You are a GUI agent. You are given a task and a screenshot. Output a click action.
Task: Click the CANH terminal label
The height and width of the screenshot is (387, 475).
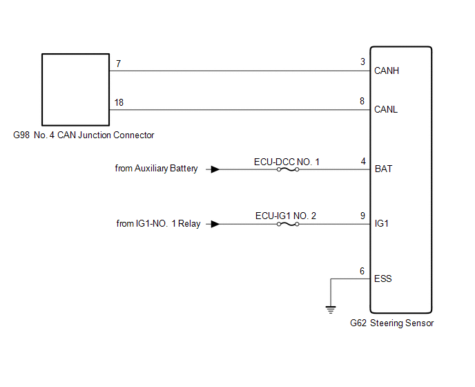click(x=386, y=70)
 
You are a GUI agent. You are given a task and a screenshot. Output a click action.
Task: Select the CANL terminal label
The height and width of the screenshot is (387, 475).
click(x=385, y=109)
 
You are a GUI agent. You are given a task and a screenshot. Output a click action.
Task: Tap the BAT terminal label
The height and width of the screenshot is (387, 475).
click(x=382, y=169)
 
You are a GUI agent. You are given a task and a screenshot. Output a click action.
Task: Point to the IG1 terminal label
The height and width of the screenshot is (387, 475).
click(x=381, y=224)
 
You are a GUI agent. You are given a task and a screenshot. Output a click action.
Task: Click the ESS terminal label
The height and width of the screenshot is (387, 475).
click(x=382, y=279)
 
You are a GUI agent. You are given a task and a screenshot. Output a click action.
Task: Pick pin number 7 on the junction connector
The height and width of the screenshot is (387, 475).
click(x=119, y=64)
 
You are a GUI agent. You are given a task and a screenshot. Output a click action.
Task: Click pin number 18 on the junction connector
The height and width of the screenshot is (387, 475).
click(x=119, y=102)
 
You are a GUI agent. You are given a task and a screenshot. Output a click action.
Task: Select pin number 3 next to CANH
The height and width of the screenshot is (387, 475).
click(x=362, y=62)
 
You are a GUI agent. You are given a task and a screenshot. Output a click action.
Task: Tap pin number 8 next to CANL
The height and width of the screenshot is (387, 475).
click(x=362, y=101)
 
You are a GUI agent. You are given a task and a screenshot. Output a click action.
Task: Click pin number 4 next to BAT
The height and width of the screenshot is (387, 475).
click(x=362, y=161)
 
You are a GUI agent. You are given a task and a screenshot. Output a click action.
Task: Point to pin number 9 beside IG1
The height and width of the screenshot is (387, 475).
click(x=362, y=216)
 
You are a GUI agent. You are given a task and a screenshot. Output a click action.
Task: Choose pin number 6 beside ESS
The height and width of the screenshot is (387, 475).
click(x=362, y=271)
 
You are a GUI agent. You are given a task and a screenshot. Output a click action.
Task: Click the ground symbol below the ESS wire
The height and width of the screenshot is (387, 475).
click(x=331, y=309)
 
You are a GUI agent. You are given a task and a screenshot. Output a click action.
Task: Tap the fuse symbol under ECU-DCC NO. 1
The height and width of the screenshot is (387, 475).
click(x=287, y=169)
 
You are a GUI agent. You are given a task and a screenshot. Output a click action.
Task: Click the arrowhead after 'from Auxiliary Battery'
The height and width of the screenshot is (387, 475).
click(x=216, y=169)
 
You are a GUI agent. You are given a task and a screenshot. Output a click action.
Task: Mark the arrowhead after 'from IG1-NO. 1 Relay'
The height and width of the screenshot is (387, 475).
click(x=216, y=224)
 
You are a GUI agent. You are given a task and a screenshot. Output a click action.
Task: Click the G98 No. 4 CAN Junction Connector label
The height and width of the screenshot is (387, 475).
click(x=84, y=135)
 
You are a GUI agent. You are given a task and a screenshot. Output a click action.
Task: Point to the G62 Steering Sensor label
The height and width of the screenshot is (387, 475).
click(x=391, y=323)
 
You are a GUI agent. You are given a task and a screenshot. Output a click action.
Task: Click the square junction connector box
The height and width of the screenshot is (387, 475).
click(x=75, y=88)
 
